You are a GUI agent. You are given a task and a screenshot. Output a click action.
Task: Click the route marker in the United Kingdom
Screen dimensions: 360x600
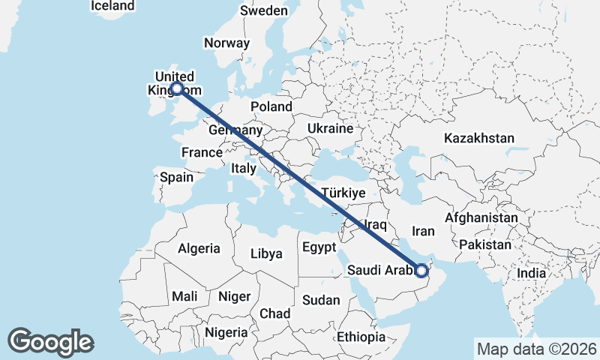coord(177,88)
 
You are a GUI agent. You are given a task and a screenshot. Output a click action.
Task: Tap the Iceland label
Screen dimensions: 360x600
coord(112,6)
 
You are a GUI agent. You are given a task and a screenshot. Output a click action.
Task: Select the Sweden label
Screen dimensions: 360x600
coord(264,10)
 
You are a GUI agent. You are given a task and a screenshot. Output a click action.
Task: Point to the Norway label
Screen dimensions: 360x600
coord(226,43)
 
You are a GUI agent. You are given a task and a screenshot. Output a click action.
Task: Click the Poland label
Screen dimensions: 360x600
coord(271,106)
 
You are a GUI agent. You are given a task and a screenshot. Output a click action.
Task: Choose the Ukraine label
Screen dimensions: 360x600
coord(330,128)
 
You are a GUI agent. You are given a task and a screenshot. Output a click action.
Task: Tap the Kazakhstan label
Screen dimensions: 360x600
coord(479,138)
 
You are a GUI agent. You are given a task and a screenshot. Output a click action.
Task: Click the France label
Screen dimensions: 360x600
coord(202,152)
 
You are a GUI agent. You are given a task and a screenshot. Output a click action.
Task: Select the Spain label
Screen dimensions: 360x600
coord(177,178)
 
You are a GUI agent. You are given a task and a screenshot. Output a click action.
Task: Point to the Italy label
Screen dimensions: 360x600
coord(244,169)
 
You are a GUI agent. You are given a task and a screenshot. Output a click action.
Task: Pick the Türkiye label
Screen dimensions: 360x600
coord(343,193)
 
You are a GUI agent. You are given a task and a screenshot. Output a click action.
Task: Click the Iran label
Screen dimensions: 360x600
coord(424,231)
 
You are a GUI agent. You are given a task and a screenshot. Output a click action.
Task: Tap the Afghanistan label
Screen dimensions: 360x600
coord(481,217)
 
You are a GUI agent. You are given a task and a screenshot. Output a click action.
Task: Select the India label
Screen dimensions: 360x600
coord(532,274)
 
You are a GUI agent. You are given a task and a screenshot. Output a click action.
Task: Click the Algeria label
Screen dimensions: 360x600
coord(199,248)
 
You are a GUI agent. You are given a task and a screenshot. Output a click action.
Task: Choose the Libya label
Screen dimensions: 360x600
coord(266,254)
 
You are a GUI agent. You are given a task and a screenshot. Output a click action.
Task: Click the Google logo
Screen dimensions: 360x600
coord(50,342)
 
